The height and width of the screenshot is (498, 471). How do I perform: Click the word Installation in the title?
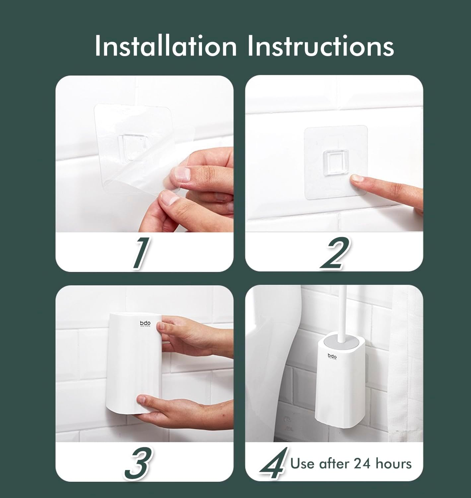(x=166, y=46)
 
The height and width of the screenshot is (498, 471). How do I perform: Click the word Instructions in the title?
(x=320, y=46)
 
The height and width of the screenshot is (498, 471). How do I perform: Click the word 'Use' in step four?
(x=303, y=463)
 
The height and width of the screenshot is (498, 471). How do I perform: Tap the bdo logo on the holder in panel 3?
(x=145, y=323)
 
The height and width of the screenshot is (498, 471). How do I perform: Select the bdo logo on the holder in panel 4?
(x=332, y=356)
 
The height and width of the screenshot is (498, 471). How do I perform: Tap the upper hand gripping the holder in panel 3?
(x=186, y=335)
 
